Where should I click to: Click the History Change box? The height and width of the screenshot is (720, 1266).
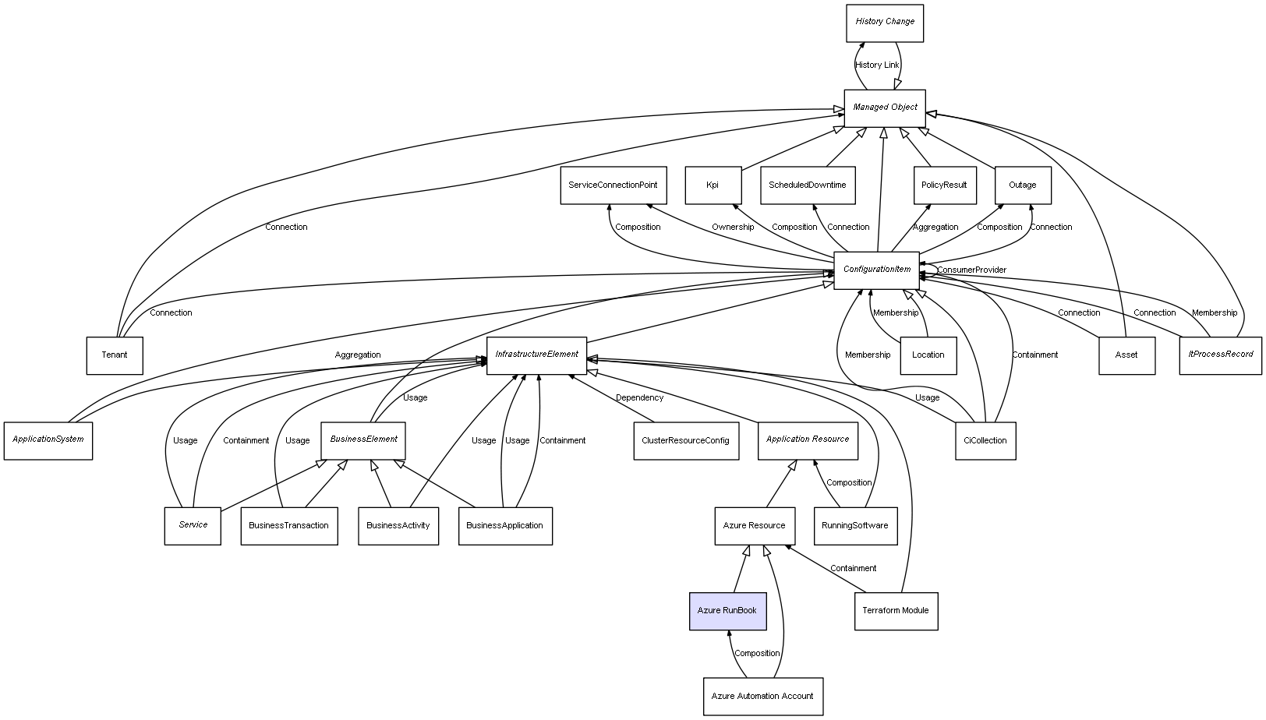[885, 23]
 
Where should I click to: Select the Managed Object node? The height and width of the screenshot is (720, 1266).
[885, 108]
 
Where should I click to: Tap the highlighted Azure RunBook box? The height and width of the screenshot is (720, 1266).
[727, 611]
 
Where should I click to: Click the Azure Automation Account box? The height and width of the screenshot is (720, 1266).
[762, 697]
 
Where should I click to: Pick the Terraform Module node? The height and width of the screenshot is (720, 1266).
[896, 611]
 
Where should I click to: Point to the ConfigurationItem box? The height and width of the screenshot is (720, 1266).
[877, 270]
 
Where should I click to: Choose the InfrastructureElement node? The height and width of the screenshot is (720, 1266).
[537, 355]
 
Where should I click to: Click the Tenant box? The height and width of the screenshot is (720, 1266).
[115, 355]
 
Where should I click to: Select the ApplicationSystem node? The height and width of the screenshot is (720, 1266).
[48, 440]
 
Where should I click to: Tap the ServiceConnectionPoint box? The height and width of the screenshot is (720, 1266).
[613, 185]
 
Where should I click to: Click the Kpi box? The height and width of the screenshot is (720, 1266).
[713, 185]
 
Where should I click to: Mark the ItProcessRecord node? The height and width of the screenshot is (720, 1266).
[1220, 355]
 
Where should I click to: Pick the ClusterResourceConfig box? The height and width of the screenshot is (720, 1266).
[686, 441]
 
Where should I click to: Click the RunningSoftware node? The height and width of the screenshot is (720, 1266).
[855, 526]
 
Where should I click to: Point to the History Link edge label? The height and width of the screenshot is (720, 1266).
[877, 65]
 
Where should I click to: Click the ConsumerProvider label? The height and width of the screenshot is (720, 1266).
[971, 270]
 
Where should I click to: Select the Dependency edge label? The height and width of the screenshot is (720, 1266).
[640, 398]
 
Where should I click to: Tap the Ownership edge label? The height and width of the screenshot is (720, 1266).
[733, 228]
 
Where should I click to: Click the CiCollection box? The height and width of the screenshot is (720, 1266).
[985, 441]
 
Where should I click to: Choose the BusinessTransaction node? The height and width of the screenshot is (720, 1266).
[289, 526]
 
